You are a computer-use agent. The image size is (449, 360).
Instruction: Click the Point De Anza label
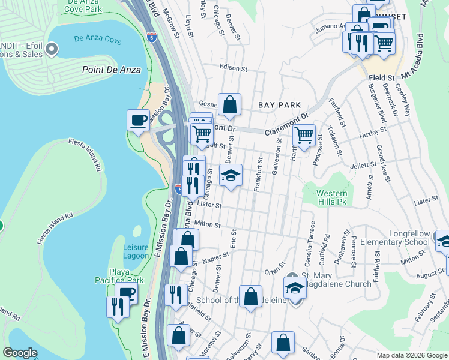coord(112,70)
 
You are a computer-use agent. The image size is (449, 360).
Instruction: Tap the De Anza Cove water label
coord(98,41)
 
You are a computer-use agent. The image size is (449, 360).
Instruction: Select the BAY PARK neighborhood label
coord(279,105)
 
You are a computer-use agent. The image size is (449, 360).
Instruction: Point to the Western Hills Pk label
coord(332,198)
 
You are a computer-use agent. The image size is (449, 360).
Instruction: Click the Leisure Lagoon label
coord(136,251)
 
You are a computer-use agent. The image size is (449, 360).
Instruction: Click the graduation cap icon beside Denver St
coord(231,176)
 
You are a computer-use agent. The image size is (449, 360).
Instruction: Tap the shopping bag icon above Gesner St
coord(229,104)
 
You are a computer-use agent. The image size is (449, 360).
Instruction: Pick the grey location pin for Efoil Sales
coord(52,48)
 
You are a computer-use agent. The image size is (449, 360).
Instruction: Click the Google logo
coord(20,353)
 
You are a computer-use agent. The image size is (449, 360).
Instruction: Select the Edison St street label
coord(234,69)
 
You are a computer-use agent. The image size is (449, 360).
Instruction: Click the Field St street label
coord(381,78)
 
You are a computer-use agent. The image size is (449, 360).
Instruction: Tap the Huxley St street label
coord(372,133)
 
